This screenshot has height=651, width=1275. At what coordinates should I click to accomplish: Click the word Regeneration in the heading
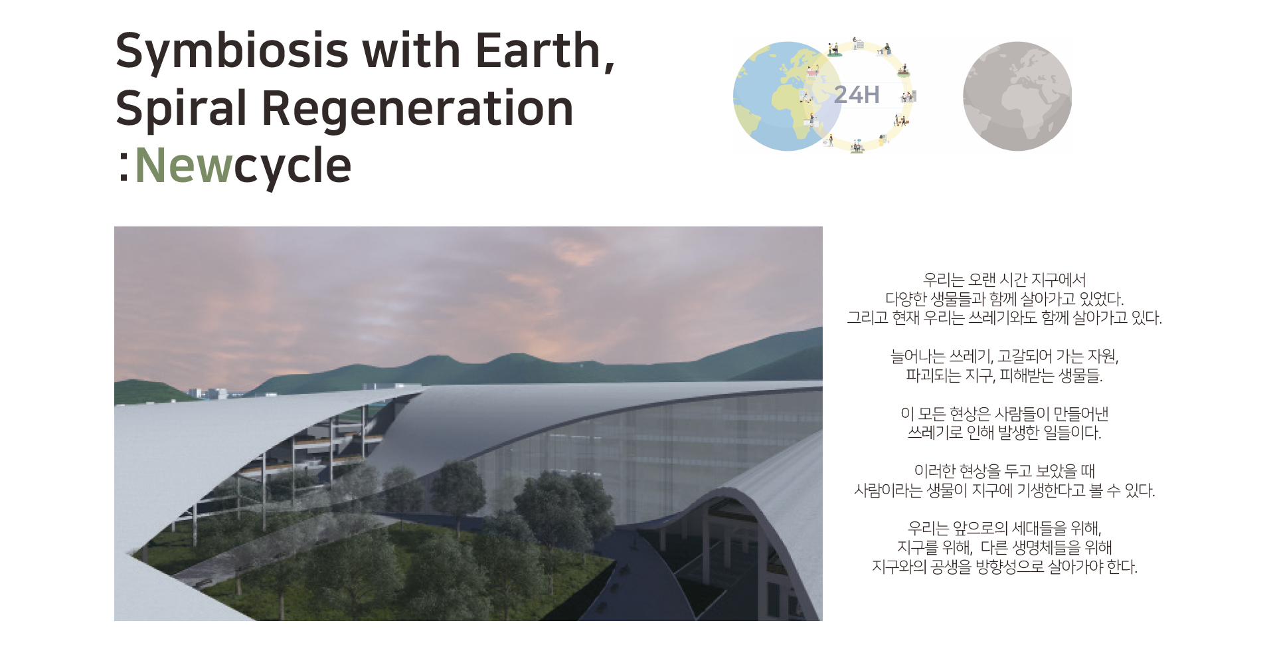click(x=418, y=108)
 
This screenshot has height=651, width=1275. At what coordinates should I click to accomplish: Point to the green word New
click(x=183, y=165)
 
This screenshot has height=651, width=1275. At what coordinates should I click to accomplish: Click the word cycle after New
click(x=292, y=167)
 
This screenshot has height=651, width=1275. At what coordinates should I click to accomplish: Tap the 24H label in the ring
click(x=857, y=95)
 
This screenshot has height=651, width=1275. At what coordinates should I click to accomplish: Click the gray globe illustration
click(x=1017, y=96)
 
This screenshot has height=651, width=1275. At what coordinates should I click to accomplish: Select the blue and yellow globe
click(x=788, y=96)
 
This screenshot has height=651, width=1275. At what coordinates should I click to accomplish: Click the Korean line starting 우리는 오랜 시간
click(x=1004, y=280)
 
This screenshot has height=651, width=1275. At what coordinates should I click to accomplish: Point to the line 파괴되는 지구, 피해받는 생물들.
click(x=1004, y=375)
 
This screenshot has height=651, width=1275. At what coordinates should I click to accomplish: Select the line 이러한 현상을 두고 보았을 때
click(x=1004, y=471)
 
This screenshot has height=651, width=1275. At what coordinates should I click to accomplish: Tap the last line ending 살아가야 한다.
click(x=1004, y=567)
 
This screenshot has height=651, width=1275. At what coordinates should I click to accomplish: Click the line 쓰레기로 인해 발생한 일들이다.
click(x=1004, y=432)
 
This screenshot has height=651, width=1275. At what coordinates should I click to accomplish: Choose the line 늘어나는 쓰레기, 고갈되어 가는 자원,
click(x=1004, y=357)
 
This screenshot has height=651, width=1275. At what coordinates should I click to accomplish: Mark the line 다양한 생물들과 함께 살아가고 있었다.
click(x=1004, y=299)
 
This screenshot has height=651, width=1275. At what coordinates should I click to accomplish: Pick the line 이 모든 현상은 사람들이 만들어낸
click(x=1004, y=414)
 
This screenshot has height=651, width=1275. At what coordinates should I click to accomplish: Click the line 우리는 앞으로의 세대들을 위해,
click(x=1004, y=528)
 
